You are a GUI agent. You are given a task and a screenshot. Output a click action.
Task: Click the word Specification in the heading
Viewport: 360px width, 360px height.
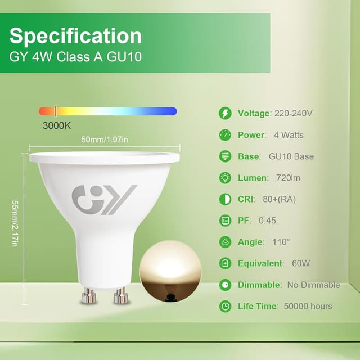click(x=75, y=36)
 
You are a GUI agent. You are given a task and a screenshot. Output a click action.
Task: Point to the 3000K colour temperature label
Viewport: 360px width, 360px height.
click(x=57, y=125)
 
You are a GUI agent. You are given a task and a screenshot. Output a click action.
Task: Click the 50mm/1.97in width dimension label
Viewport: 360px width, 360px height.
click(x=105, y=139)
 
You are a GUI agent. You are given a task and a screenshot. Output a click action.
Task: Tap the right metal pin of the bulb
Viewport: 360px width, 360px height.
click(x=119, y=295)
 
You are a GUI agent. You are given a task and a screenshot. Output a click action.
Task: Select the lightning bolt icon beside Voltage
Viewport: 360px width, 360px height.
click(x=225, y=113)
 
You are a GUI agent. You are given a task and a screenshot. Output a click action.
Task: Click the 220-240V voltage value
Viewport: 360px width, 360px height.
click(x=293, y=113)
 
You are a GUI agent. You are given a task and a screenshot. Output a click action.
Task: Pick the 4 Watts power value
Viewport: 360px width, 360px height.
click(x=289, y=135)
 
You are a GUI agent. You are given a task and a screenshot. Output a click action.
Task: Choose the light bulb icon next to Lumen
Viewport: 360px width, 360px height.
click(x=225, y=178)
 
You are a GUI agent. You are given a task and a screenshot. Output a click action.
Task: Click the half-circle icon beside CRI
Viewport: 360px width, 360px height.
click(x=225, y=199)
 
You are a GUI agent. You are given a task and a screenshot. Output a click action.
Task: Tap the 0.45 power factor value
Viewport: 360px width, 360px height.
click(x=267, y=220)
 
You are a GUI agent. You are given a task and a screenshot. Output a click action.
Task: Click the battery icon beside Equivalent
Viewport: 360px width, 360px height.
click(x=225, y=263)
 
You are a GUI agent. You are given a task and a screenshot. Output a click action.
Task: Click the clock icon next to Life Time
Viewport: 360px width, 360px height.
click(x=225, y=307)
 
